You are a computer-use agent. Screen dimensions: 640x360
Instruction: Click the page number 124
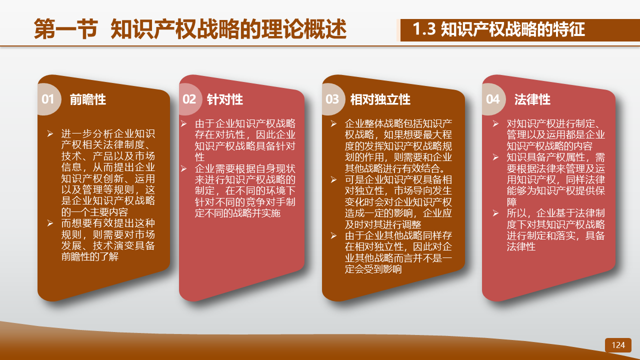[618, 345]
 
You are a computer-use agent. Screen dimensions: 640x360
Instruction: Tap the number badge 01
[47, 99]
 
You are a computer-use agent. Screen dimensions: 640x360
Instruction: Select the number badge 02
[189, 99]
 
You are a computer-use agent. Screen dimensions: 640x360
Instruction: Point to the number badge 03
[332, 99]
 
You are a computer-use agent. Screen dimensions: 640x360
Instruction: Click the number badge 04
[492, 99]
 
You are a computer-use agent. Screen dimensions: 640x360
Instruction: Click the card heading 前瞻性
[87, 99]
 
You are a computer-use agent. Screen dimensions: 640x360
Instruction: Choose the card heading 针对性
[225, 99]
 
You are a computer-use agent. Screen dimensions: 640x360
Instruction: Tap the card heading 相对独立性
[380, 99]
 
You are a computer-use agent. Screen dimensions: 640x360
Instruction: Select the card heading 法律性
[532, 99]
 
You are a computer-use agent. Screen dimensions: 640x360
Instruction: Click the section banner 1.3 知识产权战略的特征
[499, 29]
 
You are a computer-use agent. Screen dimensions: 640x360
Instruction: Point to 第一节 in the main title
[66, 29]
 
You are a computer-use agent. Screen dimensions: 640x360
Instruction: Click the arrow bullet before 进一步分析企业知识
[50, 133]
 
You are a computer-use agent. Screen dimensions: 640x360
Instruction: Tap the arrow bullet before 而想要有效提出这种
[50, 223]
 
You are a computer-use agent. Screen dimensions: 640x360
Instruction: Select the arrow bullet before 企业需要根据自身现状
[183, 168]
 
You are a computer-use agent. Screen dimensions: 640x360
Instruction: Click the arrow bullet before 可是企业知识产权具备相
[333, 179]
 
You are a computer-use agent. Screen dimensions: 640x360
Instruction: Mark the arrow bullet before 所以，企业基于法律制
[495, 213]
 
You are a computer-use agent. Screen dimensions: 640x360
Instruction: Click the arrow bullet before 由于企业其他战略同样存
[333, 235]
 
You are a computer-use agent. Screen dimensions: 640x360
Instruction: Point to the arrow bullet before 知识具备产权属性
[495, 157]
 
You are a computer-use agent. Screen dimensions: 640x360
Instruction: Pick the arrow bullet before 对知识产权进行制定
[495, 123]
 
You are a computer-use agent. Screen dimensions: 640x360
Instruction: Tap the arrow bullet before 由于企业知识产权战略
[183, 123]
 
